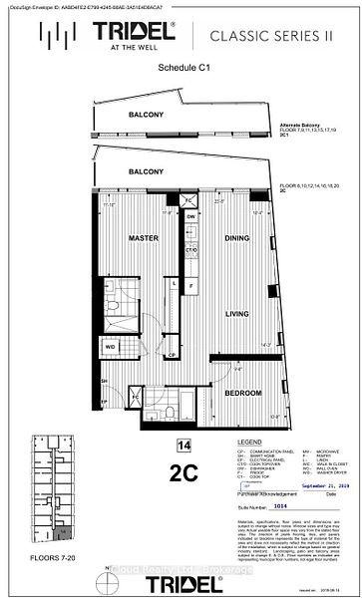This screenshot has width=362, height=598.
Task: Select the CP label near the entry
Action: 171,355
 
